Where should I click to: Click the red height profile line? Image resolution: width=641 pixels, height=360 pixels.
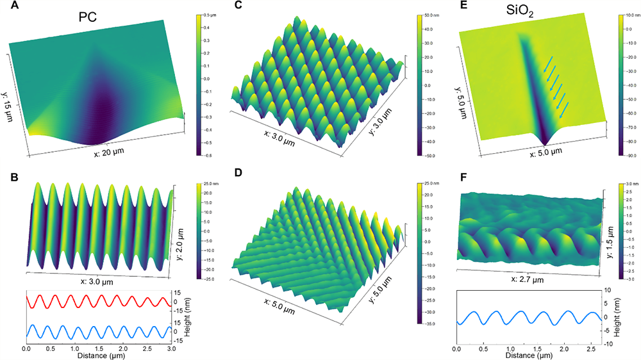tap(96, 301)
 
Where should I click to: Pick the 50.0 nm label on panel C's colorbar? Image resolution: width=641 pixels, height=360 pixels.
tap(430, 14)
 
